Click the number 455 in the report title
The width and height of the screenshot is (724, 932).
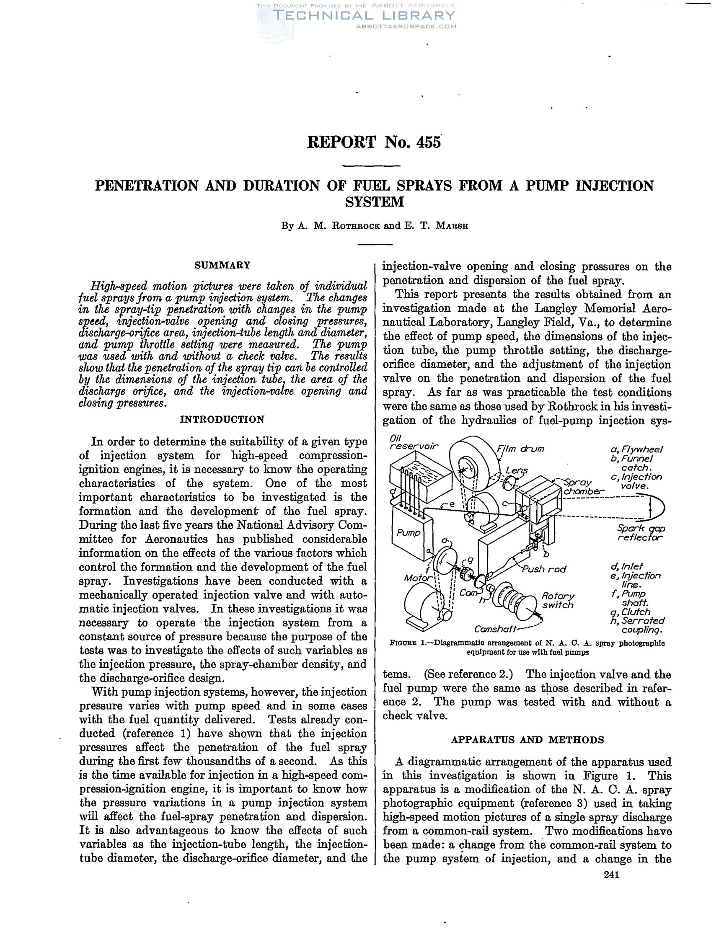(x=429, y=142)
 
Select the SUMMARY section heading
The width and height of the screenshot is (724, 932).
(x=222, y=265)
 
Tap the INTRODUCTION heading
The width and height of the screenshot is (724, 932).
(x=222, y=419)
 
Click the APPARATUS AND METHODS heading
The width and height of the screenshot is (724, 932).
(x=527, y=740)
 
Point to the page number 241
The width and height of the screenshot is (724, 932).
(x=611, y=874)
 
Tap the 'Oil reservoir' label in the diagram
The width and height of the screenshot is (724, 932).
(x=414, y=442)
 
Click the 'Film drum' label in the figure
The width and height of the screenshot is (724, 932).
(x=520, y=449)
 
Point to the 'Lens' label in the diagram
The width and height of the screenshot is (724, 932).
(x=517, y=470)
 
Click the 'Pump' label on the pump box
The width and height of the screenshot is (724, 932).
(x=409, y=532)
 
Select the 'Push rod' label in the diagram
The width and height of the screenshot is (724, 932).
(x=544, y=569)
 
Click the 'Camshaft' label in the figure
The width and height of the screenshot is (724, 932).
(x=494, y=629)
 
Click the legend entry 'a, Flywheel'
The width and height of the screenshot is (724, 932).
(x=636, y=449)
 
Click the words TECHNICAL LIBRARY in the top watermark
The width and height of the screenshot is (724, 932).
(x=364, y=16)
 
